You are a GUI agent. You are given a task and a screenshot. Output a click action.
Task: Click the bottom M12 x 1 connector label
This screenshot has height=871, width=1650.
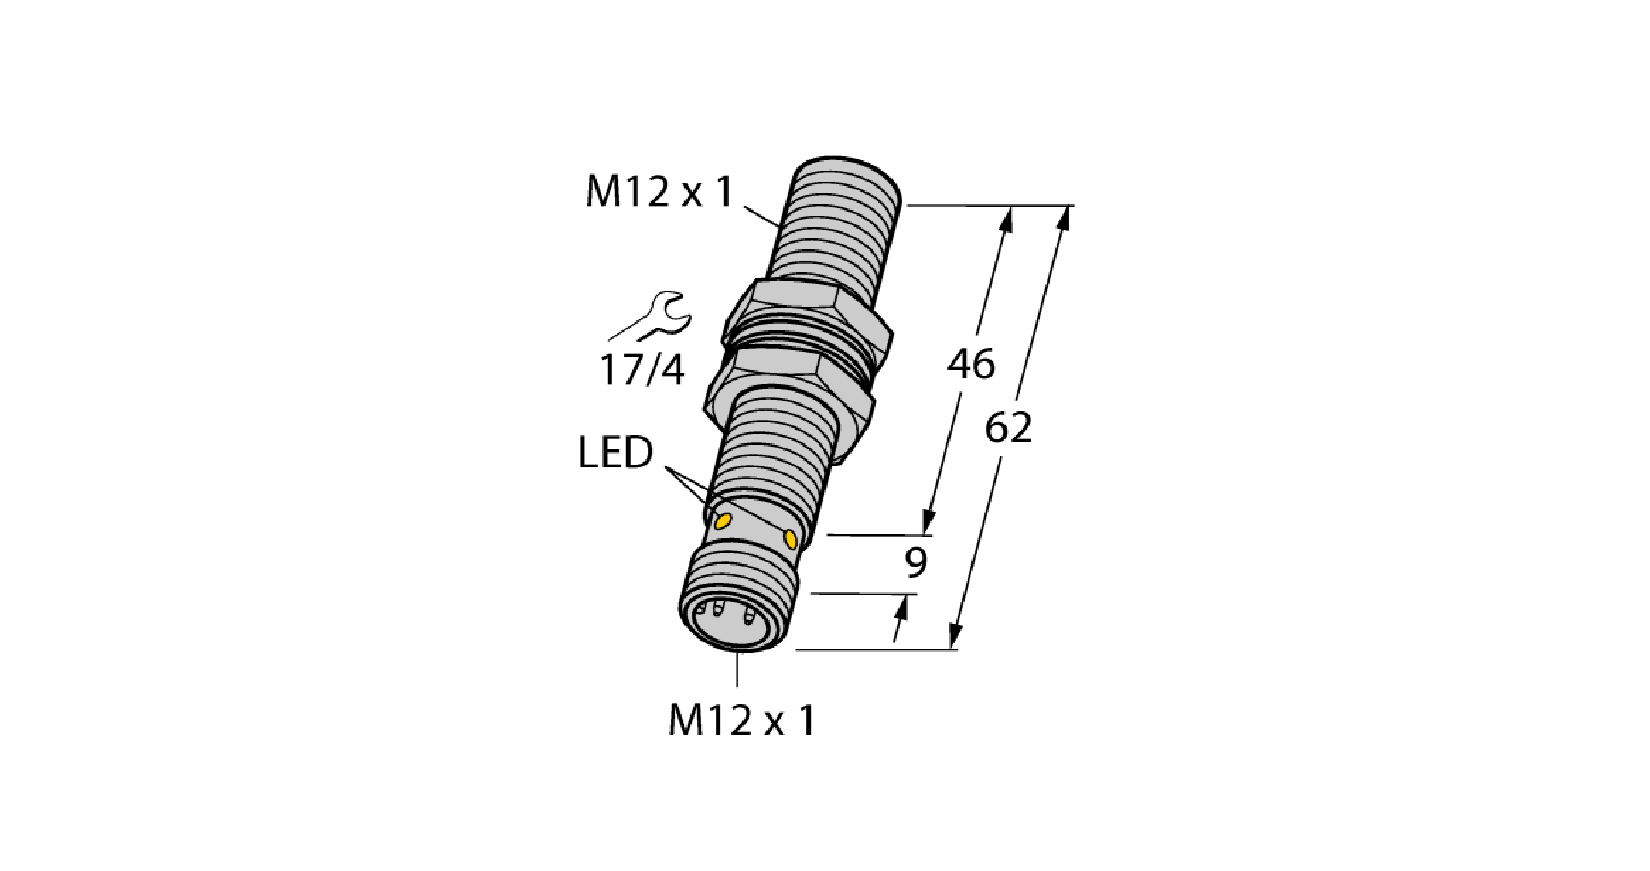tap(741, 720)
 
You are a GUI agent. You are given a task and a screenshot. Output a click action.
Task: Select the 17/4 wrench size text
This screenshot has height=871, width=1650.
tap(642, 371)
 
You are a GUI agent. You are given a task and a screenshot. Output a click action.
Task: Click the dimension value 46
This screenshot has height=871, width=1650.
tap(971, 364)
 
